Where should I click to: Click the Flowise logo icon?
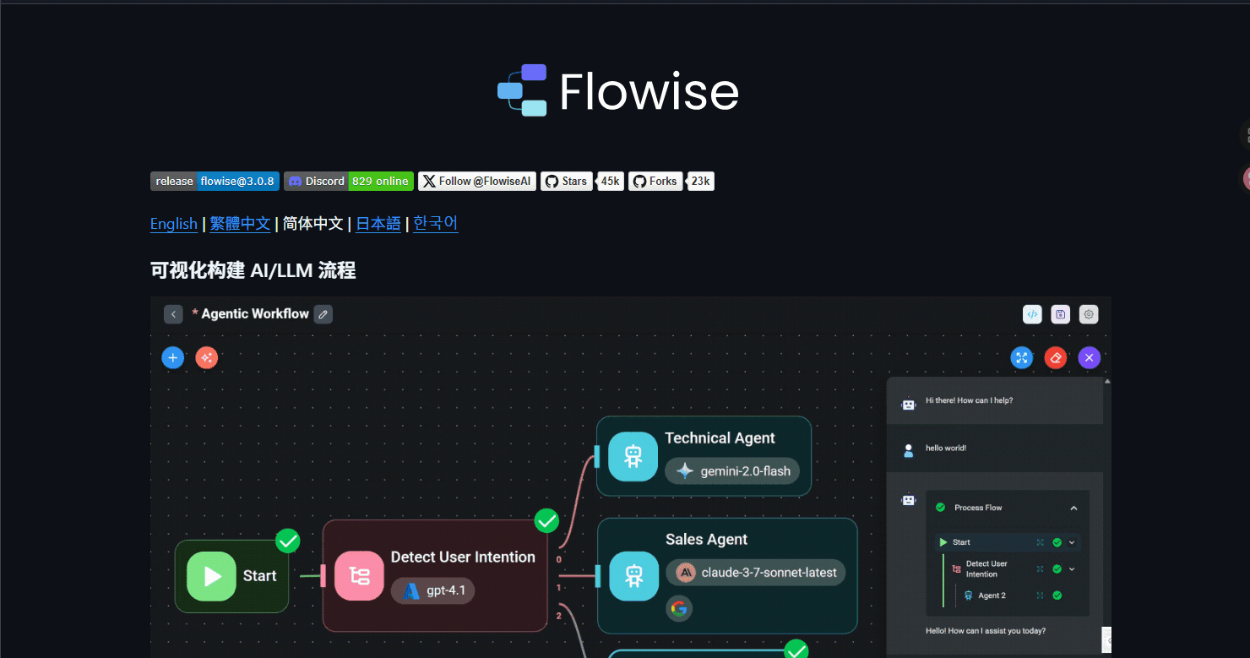pyautogui.click(x=522, y=90)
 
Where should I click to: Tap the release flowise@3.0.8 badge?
pyautogui.click(x=215, y=182)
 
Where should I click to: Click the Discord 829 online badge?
pyautogui.click(x=349, y=182)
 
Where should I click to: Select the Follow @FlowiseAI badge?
pyautogui.click(x=477, y=182)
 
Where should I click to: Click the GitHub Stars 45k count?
pyautogui.click(x=610, y=182)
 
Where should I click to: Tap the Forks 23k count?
pyautogui.click(x=700, y=182)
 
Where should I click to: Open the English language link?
pyautogui.click(x=173, y=224)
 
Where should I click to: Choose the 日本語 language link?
pyautogui.click(x=378, y=224)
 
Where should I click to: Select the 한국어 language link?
pyautogui.click(x=435, y=224)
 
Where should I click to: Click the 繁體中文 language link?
pyautogui.click(x=240, y=224)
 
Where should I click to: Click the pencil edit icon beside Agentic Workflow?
pyautogui.click(x=323, y=314)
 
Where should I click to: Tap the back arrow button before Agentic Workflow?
pyautogui.click(x=173, y=314)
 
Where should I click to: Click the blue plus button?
pyautogui.click(x=173, y=358)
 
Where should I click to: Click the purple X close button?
pyautogui.click(x=1090, y=358)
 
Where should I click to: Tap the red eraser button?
pyautogui.click(x=1056, y=358)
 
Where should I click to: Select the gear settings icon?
pyautogui.click(x=1089, y=314)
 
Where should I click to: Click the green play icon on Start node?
pyautogui.click(x=211, y=576)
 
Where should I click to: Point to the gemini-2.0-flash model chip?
pyautogui.click(x=732, y=471)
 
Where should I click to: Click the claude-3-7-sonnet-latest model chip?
pyautogui.click(x=756, y=573)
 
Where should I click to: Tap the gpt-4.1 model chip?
pyautogui.click(x=433, y=590)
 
